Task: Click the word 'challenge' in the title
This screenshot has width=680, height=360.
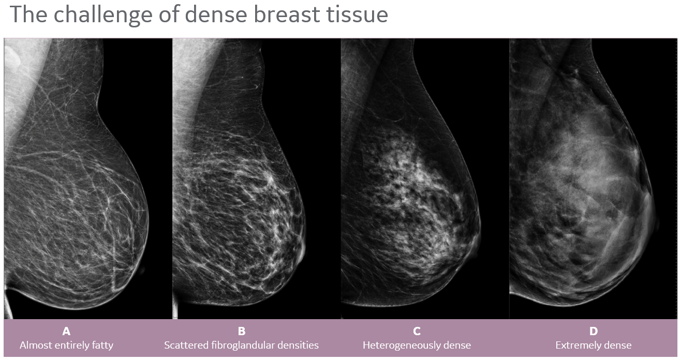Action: [x=103, y=15]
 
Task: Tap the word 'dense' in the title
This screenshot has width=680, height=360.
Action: [x=216, y=14]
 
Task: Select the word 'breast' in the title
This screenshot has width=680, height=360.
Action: [x=287, y=14]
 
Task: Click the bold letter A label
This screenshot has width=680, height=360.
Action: [x=66, y=331]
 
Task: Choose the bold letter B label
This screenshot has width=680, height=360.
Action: [x=241, y=331]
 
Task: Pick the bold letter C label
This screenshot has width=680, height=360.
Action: [x=417, y=331]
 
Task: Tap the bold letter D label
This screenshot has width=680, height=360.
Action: [x=594, y=331]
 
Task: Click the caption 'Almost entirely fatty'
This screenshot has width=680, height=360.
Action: [x=66, y=346]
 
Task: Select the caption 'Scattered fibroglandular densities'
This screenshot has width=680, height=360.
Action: [x=241, y=346]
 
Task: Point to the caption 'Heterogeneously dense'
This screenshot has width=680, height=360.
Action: [x=417, y=346]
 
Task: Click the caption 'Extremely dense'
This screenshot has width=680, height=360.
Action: [x=594, y=346]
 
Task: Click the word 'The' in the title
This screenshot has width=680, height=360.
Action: [x=28, y=14]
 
